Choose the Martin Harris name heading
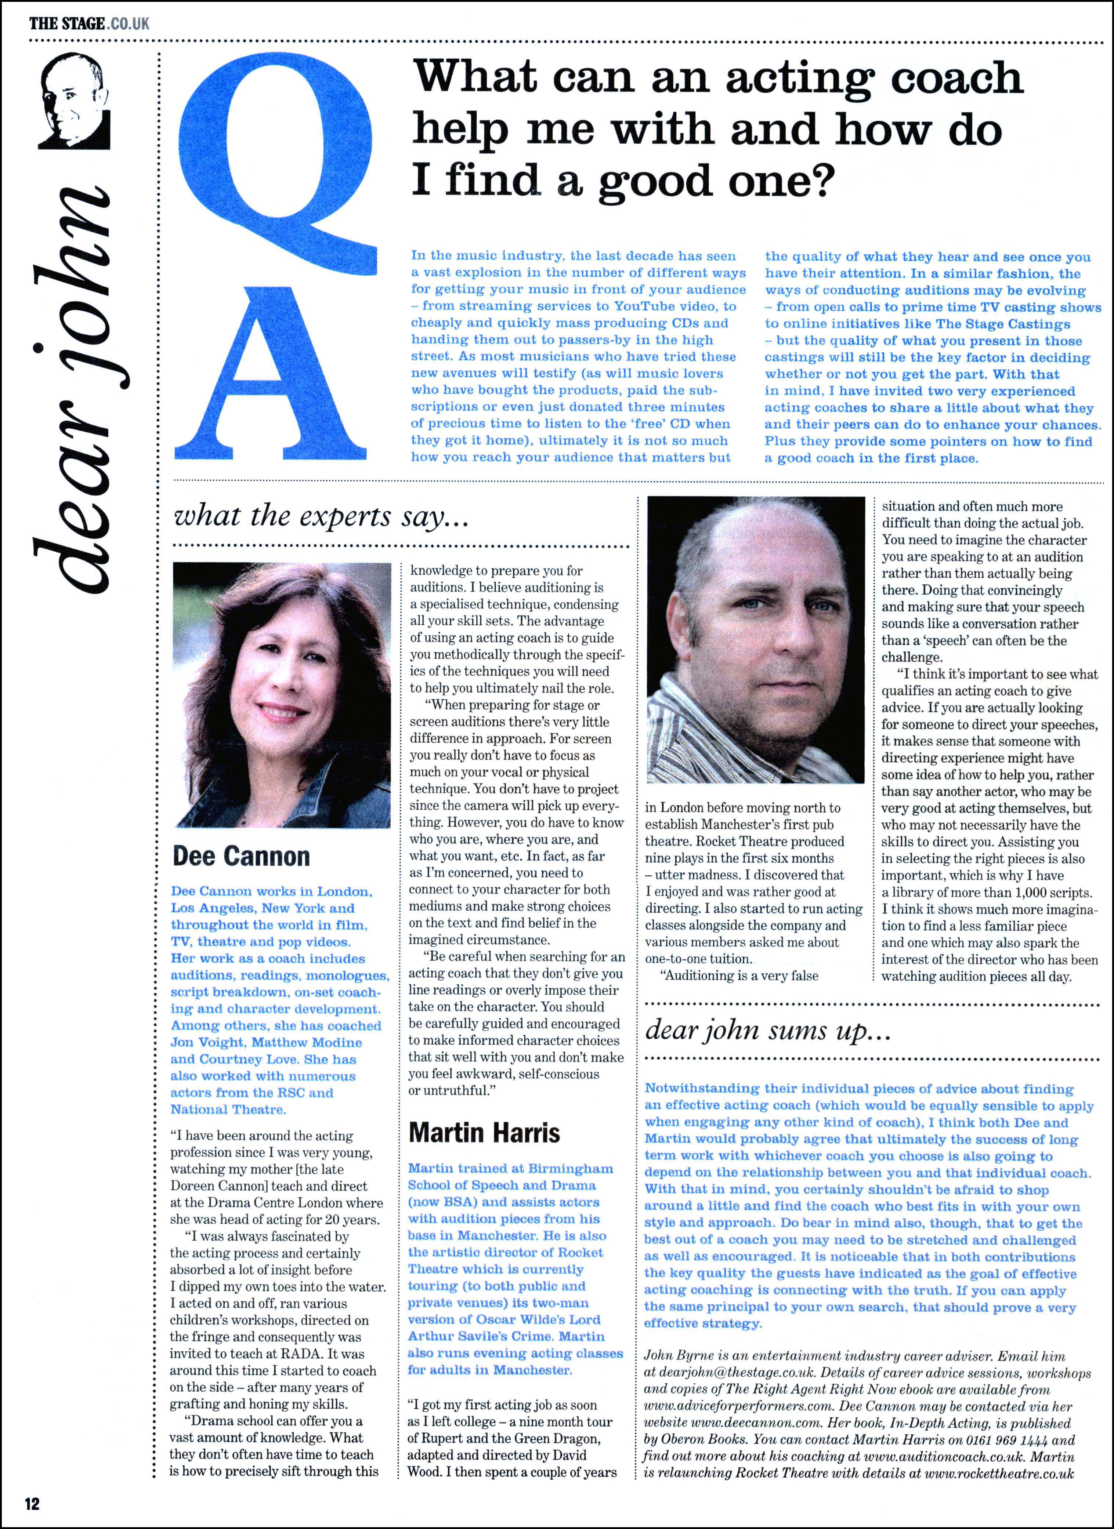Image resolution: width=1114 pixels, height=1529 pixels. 484,1133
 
